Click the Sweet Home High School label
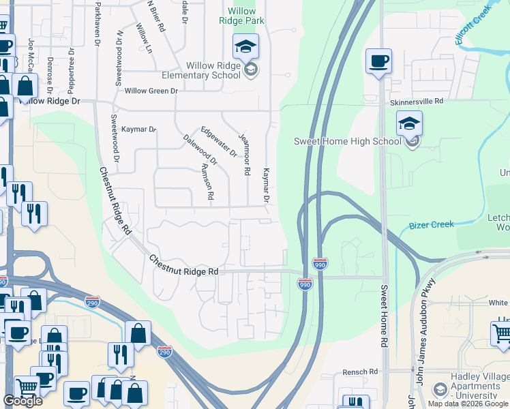pos(347,141)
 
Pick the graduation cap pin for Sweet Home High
pos(409,124)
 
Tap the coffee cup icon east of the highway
pos(378,62)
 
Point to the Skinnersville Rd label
pos(417,101)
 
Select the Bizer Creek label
pos(431,224)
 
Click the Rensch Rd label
pos(360,372)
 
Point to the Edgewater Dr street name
pos(218,142)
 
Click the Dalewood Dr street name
pos(200,150)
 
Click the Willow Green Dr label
pos(151,90)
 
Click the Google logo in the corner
pos(22,401)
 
